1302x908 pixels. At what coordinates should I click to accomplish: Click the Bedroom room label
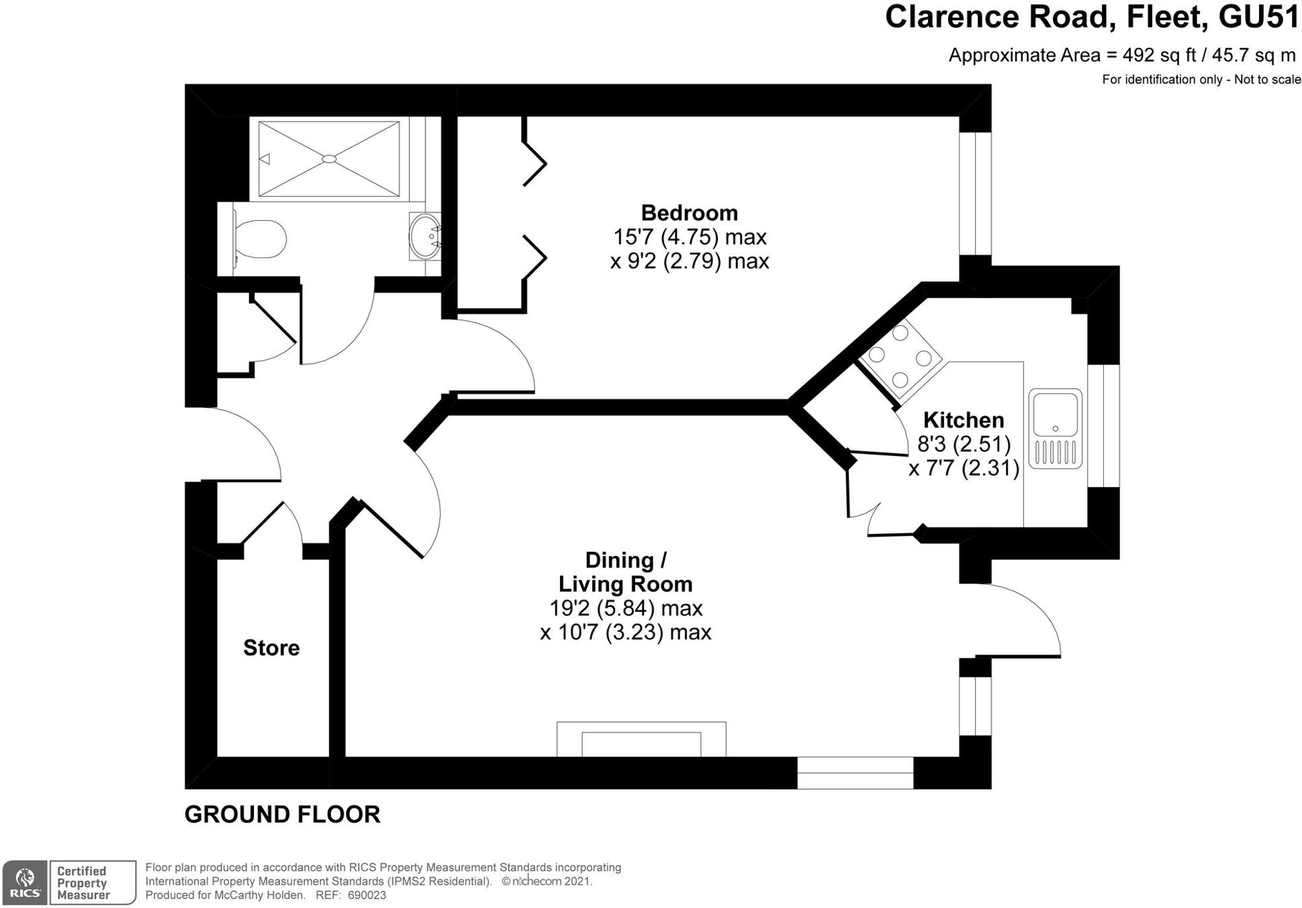pos(689,213)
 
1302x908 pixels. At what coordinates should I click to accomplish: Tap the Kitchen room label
pos(963,420)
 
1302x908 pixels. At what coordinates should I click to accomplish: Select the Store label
pos(271,647)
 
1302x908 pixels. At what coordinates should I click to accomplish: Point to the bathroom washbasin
pos(425,236)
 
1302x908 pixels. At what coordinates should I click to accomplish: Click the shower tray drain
pos(329,158)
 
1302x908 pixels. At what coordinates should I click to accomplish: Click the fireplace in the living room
pos(641,740)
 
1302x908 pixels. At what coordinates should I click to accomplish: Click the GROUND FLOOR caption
pos(282,815)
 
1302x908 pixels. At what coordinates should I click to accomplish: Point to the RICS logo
pos(25,882)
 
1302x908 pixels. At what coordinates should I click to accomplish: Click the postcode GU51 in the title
pos(1258,17)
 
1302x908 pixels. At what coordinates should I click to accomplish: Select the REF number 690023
pos(367,895)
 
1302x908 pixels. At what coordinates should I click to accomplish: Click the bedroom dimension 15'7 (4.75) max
pos(689,237)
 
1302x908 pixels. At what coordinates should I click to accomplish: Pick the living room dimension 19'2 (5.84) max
pos(625,608)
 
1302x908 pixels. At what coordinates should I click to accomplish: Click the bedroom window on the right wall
pos(975,193)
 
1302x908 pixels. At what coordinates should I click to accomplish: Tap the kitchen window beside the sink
pos(1103,426)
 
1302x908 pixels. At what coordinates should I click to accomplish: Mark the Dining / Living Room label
pos(625,572)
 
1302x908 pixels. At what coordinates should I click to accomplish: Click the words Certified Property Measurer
pos(83,882)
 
